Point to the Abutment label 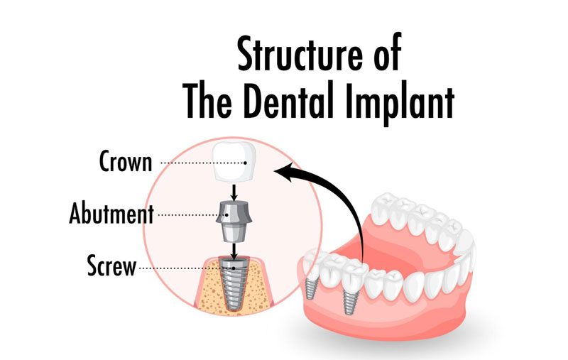(x=111, y=213)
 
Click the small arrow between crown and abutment (x=234, y=191)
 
